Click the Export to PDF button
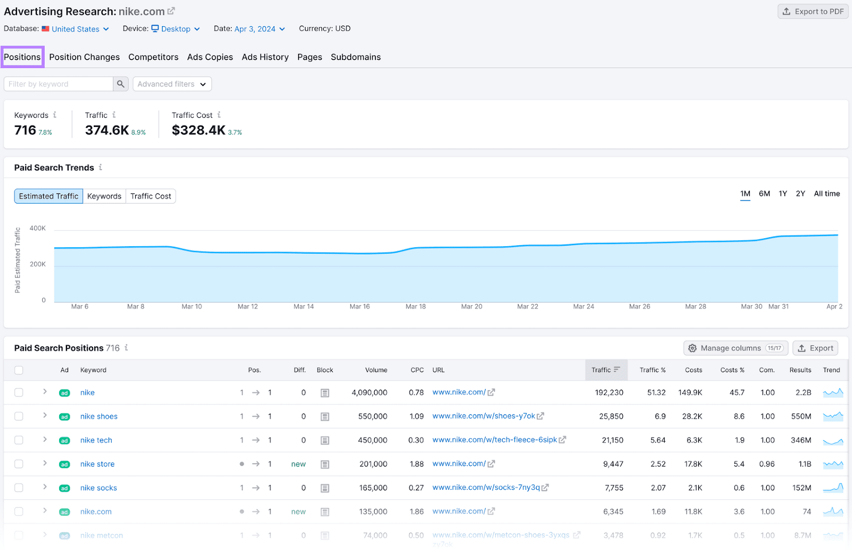[813, 11]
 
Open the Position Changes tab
[84, 57]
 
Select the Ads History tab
[265, 57]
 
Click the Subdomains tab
[355, 57]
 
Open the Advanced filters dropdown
[171, 84]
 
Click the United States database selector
[76, 29]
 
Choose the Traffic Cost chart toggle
[151, 196]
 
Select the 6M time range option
[764, 193]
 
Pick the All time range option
[826, 193]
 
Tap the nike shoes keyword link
[99, 416]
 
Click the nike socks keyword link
[99, 488]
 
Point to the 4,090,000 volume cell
[369, 393]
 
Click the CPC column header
[417, 370]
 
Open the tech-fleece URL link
[495, 440]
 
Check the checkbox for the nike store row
[19, 464]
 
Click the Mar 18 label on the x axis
[415, 306]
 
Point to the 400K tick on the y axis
[38, 228]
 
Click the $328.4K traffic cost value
[199, 130]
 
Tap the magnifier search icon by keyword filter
[121, 84]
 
